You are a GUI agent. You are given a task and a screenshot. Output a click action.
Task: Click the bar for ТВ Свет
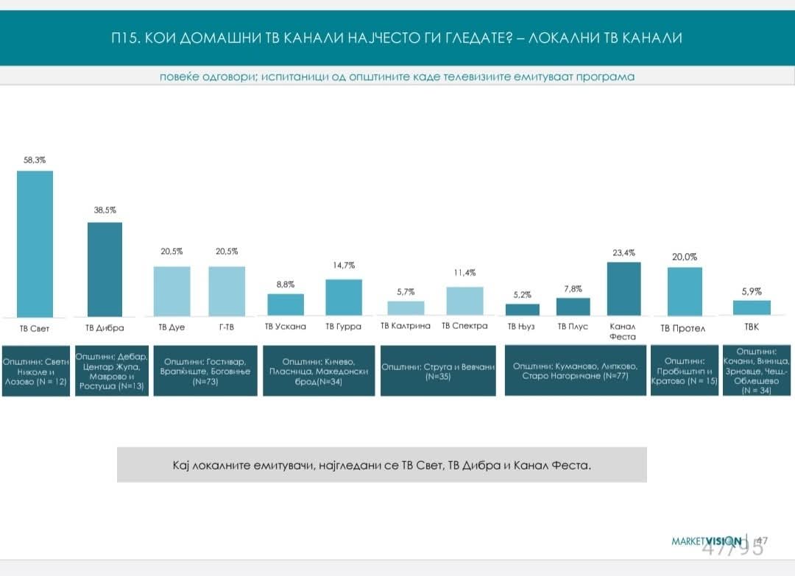coord(35,243)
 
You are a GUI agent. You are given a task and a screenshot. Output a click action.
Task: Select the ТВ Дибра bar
coord(105,269)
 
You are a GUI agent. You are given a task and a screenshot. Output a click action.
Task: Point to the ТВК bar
coord(752,307)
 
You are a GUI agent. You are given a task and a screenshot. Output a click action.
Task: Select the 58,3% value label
coord(35,159)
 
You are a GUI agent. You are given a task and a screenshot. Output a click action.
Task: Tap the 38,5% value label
coord(105,210)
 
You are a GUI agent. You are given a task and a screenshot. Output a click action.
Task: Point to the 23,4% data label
coord(623,252)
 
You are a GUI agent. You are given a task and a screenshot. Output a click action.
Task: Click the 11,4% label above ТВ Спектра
coord(464,273)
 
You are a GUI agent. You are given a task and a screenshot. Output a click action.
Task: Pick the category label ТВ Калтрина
coord(404,326)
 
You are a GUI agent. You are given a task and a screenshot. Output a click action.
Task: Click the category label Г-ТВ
coord(227,327)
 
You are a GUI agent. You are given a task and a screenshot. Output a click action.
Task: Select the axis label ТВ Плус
coord(573,327)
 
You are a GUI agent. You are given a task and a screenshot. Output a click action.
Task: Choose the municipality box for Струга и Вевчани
coord(439,370)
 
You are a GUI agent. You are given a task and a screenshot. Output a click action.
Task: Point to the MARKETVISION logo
coord(706,541)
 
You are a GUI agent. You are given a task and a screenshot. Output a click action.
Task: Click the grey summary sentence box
coord(381,465)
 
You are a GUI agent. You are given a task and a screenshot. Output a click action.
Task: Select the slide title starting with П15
coord(392,38)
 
